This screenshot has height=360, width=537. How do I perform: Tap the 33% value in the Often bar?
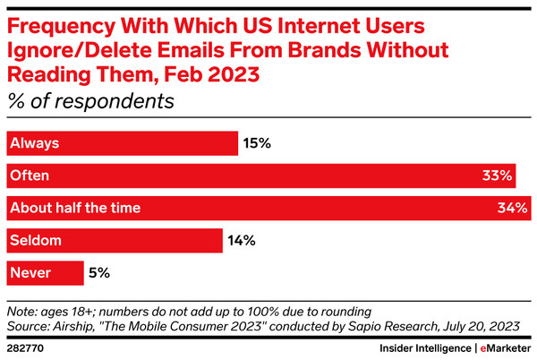pos(497,176)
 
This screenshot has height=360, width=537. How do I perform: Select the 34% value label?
pos(511,208)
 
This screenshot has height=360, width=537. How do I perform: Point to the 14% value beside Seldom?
pos(242,240)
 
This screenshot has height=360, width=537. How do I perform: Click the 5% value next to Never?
pos(99,272)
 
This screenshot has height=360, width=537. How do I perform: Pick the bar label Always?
pos(32,143)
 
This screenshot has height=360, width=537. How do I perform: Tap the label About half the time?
pos(75,208)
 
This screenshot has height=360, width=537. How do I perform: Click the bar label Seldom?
pos(33,240)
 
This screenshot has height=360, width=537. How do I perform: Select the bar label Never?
pos(30,272)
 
